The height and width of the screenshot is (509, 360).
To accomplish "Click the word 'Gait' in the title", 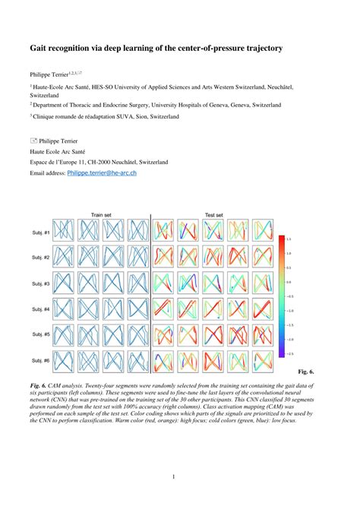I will [x=39, y=48].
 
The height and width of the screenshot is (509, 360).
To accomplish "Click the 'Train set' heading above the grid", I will [x=102, y=215].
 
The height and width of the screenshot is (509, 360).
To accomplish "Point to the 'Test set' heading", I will [x=214, y=215].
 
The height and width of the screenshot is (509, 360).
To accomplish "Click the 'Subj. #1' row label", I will [x=41, y=232].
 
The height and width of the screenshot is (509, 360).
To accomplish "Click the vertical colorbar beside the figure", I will [x=281, y=296].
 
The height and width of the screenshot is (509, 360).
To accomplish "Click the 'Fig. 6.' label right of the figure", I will [x=305, y=371].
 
